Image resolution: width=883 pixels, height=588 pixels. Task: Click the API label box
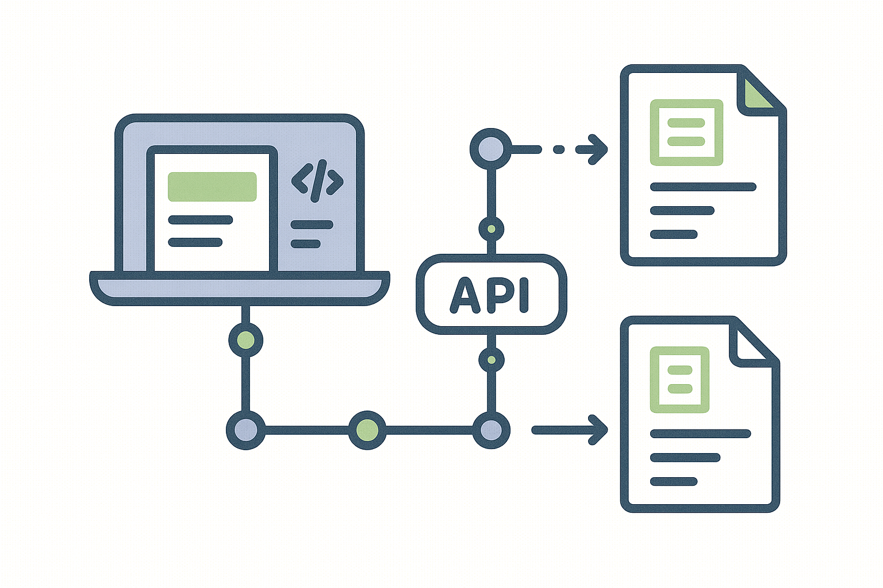491,294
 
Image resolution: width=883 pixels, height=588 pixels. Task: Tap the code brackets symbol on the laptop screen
317,181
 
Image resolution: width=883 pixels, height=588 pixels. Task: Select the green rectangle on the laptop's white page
212,187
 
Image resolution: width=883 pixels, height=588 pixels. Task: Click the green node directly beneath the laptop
245,340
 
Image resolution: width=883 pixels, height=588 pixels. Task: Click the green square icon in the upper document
686,132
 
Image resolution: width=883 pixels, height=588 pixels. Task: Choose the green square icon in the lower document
679,380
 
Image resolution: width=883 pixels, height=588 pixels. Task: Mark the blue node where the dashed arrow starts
490,149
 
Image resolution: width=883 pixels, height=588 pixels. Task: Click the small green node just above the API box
491,229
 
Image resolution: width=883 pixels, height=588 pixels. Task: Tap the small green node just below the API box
491,360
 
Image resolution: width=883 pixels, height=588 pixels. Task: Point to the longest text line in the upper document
702,187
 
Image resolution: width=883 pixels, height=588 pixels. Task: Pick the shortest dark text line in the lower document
673,481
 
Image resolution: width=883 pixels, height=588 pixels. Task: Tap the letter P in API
498,295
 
